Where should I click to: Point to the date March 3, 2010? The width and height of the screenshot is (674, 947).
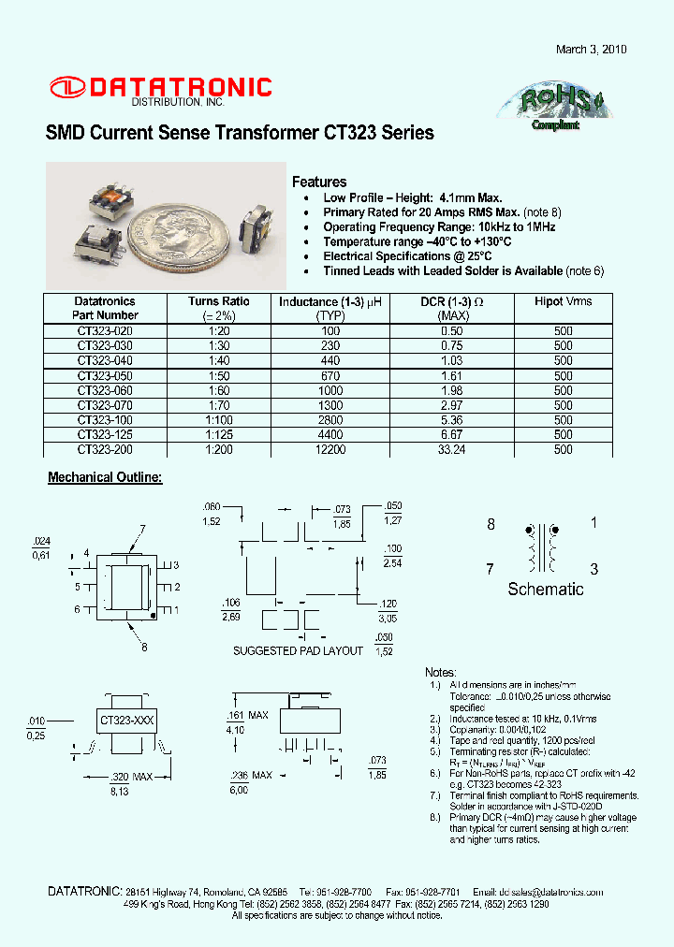click(x=592, y=50)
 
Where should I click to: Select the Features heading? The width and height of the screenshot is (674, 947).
click(x=319, y=182)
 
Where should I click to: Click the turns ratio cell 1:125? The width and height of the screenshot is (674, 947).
click(x=218, y=435)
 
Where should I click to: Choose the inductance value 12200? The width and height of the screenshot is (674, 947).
click(x=331, y=450)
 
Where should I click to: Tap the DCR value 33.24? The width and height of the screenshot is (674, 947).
click(x=452, y=450)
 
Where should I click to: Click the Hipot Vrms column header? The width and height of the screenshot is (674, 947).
click(x=563, y=301)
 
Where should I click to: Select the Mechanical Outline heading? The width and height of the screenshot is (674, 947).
click(x=105, y=478)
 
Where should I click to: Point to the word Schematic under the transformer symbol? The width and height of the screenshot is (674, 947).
click(x=545, y=590)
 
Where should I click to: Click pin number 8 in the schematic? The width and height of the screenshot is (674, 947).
click(x=491, y=525)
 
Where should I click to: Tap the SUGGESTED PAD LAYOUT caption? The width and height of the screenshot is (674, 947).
click(x=298, y=650)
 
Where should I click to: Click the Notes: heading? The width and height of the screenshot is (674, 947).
click(x=440, y=673)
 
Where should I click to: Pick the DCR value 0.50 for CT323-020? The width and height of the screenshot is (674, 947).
click(x=452, y=331)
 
